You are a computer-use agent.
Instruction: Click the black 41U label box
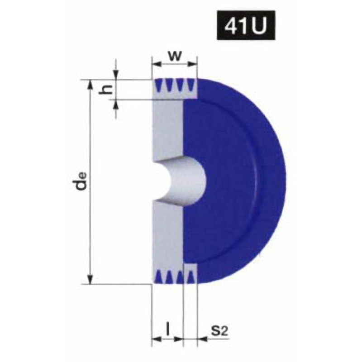[246, 25]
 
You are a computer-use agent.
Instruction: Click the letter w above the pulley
[175, 56]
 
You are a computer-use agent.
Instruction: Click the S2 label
[219, 331]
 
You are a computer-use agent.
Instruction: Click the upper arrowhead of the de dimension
[90, 85]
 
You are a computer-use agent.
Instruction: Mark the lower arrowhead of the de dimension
[90, 278]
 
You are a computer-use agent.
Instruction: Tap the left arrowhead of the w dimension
[157, 64]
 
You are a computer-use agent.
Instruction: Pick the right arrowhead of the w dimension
[192, 64]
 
